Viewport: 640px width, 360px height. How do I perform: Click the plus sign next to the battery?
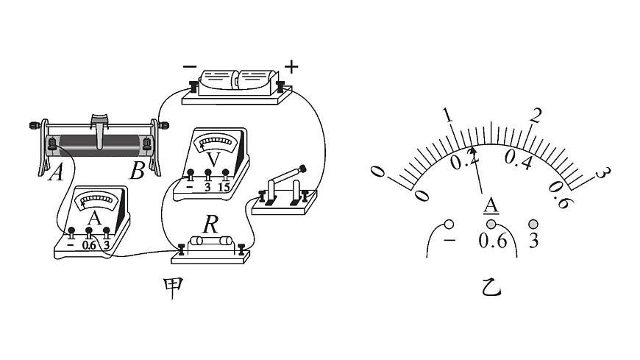point(291,66)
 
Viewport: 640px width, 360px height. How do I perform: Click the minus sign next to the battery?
point(189,66)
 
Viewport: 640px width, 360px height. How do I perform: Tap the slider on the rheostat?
point(100,131)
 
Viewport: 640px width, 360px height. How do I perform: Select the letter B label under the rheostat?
point(137,172)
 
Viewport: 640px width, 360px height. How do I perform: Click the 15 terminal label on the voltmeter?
point(224,187)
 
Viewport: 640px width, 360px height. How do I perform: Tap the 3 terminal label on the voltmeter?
point(207,187)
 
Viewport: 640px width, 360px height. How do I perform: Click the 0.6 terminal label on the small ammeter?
point(88,245)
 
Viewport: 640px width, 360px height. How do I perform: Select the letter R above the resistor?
point(210,225)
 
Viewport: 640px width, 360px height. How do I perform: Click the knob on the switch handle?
point(302,168)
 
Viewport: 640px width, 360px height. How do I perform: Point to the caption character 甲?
point(173,288)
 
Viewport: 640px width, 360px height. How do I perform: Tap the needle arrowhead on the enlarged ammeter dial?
point(474,152)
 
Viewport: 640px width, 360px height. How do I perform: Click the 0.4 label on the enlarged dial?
point(519,159)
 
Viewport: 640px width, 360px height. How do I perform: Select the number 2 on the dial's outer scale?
point(535,116)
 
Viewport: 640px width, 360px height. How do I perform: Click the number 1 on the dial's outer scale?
point(448,116)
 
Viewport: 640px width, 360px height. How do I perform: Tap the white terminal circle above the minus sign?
point(449,225)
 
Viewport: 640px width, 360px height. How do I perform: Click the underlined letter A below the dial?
point(491,205)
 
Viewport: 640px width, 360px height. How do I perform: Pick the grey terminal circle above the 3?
point(533,224)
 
